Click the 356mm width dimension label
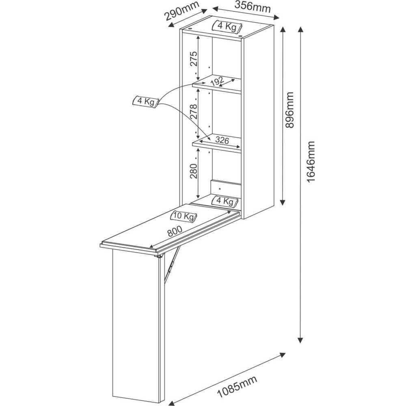pos(253,7)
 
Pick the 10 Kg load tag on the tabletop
pos(184,216)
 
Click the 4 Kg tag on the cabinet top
pos(227,26)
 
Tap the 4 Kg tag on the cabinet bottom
pos(224,201)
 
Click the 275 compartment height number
pos(194,59)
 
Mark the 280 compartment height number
pos(194,171)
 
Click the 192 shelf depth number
pos(217,81)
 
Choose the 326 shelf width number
pos(222,140)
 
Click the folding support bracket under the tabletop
pos(171,263)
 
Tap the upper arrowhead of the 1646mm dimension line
pos(300,30)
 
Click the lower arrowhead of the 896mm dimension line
pos(283,201)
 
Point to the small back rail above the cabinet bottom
pos(226,188)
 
